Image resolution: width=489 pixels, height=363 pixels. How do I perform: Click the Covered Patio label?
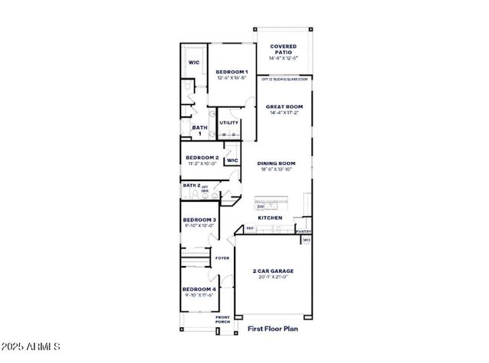[x=283, y=50]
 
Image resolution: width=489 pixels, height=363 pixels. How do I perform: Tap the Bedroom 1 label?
[x=230, y=72]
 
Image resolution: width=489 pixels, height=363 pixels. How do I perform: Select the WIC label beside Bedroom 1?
[x=194, y=63]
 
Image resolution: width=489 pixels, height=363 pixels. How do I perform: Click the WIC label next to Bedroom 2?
[x=232, y=160]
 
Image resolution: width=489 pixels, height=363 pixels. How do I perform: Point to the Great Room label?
[x=284, y=107]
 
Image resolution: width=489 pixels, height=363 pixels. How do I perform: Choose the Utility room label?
[x=228, y=122]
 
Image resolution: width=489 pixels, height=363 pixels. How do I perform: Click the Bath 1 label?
[x=199, y=130]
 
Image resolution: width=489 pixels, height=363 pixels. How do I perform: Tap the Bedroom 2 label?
[x=202, y=157]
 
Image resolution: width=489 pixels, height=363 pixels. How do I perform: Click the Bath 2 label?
[x=191, y=185]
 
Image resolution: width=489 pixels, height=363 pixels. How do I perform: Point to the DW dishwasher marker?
[x=261, y=206]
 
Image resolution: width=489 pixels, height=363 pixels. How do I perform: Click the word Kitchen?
[x=270, y=218]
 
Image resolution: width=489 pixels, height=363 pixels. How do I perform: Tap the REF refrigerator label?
[x=249, y=228]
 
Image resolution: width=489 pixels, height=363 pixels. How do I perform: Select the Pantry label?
[x=303, y=231]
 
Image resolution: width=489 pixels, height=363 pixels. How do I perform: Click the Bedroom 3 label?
[x=199, y=220]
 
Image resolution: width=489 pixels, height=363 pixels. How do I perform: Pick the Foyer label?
[x=222, y=258]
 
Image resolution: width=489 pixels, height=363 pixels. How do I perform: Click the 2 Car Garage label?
[x=273, y=271]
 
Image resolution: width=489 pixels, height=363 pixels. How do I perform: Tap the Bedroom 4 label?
[x=199, y=289]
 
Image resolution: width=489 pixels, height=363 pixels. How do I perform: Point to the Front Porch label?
[x=222, y=319]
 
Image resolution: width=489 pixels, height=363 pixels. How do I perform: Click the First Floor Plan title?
[x=273, y=329]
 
